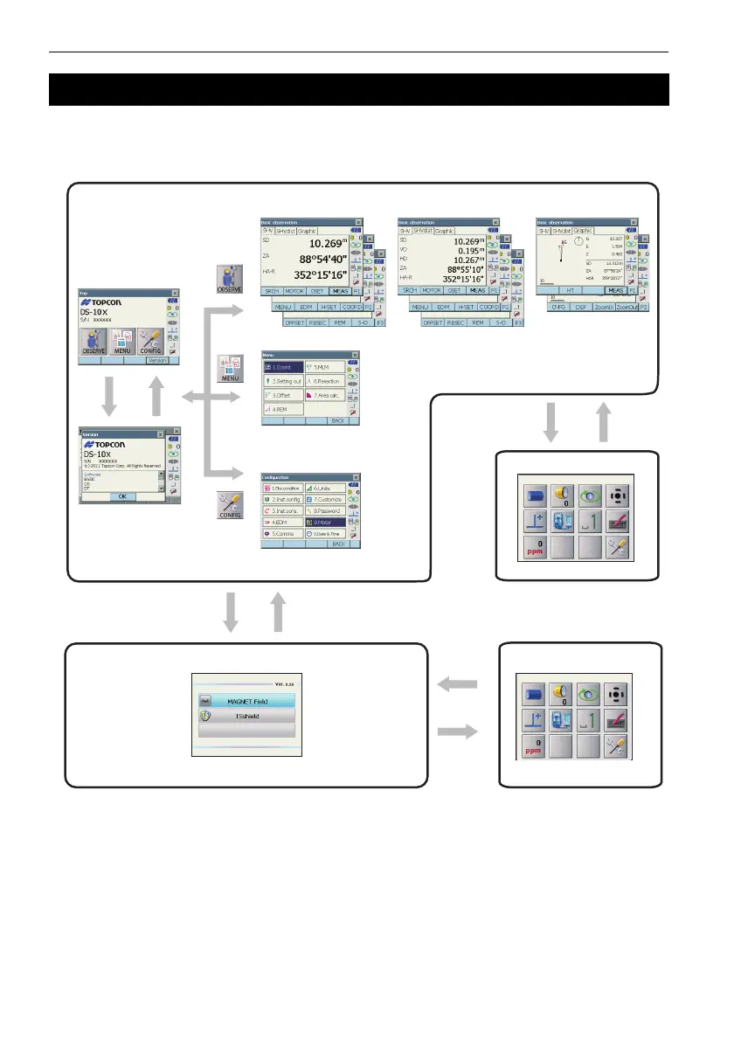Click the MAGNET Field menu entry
246,701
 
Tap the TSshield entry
246,716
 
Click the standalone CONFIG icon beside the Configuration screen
229,506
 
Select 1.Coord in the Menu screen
282,368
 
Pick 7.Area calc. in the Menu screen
325,395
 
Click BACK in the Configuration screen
336,544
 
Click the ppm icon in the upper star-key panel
536,547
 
